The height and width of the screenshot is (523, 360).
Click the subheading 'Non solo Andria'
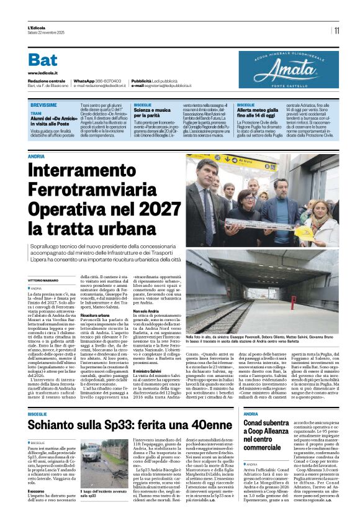coord(145,311)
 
